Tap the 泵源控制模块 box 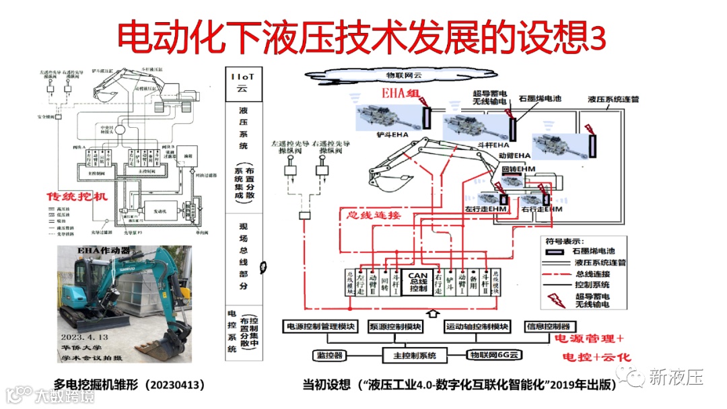[x=395, y=327]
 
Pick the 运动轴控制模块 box [x=477, y=327]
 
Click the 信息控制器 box [x=548, y=327]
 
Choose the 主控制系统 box [x=409, y=355]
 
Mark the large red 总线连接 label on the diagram [x=373, y=215]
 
